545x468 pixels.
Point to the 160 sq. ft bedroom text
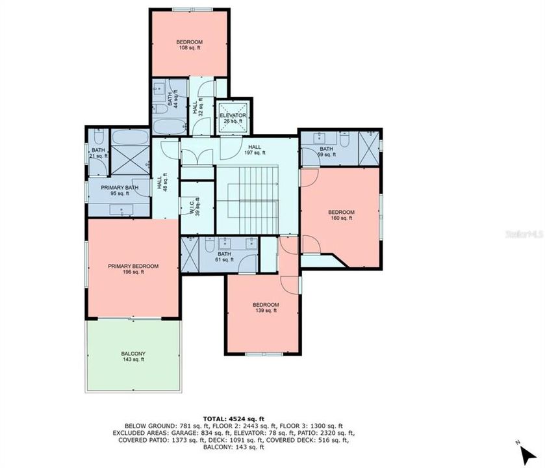point(340,215)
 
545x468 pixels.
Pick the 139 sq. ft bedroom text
point(266,308)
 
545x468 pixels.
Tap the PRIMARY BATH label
point(120,190)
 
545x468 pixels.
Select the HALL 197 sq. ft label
point(253,150)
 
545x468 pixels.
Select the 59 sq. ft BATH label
point(325,151)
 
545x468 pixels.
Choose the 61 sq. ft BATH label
point(225,256)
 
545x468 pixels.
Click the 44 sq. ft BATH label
point(172,99)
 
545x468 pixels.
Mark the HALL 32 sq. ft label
point(197,105)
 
